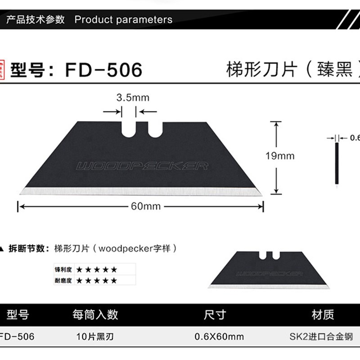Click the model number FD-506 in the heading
coord(104,70)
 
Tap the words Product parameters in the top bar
coord(123,20)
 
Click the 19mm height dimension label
coord(279,156)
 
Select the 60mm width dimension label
coord(139,207)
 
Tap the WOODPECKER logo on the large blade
coord(142,166)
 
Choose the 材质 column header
coord(323,314)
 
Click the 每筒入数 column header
coord(95,314)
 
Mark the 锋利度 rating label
coord(64,270)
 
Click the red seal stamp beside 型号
coord(3,70)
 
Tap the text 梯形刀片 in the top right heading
coord(257,70)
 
